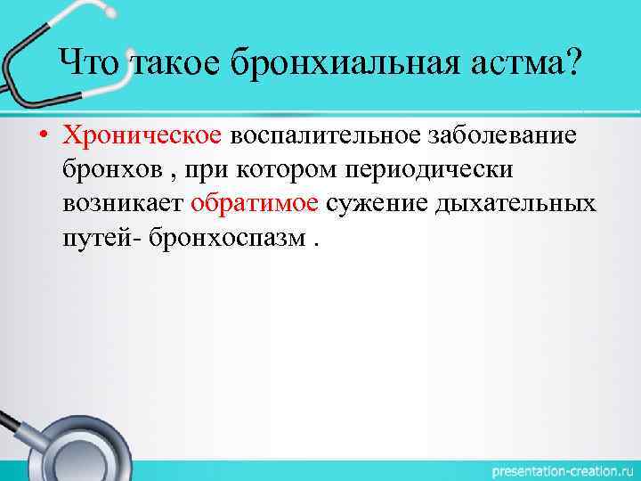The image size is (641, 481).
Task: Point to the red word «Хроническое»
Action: click(x=142, y=135)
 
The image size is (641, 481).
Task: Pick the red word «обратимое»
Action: click(x=255, y=203)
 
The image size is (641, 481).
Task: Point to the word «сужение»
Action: click(x=377, y=203)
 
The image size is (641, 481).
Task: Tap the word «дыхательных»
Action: click(x=515, y=203)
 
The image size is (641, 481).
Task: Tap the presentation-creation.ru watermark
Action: click(x=553, y=469)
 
